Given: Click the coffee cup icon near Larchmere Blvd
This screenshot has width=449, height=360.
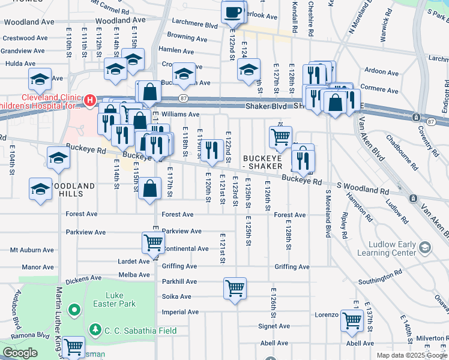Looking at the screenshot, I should (x=233, y=12).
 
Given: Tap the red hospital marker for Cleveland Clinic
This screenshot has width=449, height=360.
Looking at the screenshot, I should (x=89, y=100).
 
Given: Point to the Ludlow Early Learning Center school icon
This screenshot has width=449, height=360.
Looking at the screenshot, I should (x=425, y=248).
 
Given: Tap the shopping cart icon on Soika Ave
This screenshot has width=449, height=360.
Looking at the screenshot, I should (x=235, y=287).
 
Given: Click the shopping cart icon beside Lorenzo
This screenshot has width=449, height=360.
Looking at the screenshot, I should (x=351, y=320).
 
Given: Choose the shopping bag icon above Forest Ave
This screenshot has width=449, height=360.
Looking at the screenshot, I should (x=149, y=188).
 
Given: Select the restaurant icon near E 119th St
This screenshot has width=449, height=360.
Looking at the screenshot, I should (x=210, y=149).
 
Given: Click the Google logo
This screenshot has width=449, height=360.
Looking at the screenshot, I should (x=20, y=353).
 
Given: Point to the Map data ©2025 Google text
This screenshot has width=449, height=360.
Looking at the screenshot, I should (x=411, y=355).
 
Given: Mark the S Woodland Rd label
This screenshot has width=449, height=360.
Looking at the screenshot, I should (x=361, y=188).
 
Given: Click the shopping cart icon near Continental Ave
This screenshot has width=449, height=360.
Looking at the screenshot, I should (x=153, y=242).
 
